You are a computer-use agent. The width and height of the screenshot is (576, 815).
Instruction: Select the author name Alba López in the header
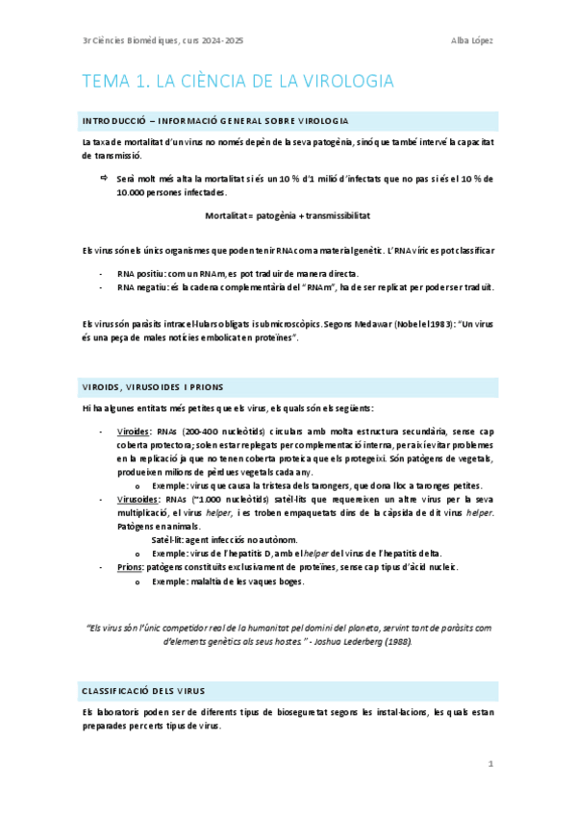click(x=472, y=39)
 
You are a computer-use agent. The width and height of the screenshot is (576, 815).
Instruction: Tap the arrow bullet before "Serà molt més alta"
click(x=104, y=179)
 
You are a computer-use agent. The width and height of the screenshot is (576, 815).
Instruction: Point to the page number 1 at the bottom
click(x=490, y=764)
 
